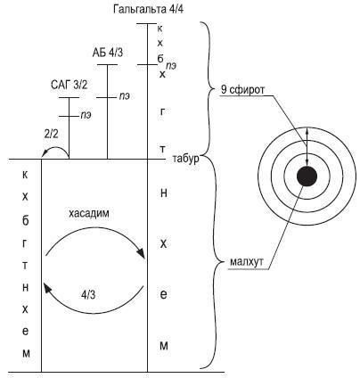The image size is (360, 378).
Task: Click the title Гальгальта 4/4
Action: [148, 9]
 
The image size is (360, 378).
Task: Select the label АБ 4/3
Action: [108, 53]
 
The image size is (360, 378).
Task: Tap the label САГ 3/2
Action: [70, 86]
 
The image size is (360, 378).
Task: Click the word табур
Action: [185, 159]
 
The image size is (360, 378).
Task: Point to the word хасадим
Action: [89, 214]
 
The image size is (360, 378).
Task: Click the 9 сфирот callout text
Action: [242, 89]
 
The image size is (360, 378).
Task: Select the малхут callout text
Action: [247, 262]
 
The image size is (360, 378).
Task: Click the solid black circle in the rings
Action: [307, 177]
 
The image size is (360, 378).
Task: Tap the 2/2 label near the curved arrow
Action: [51, 135]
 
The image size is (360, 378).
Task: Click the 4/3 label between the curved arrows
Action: [88, 295]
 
